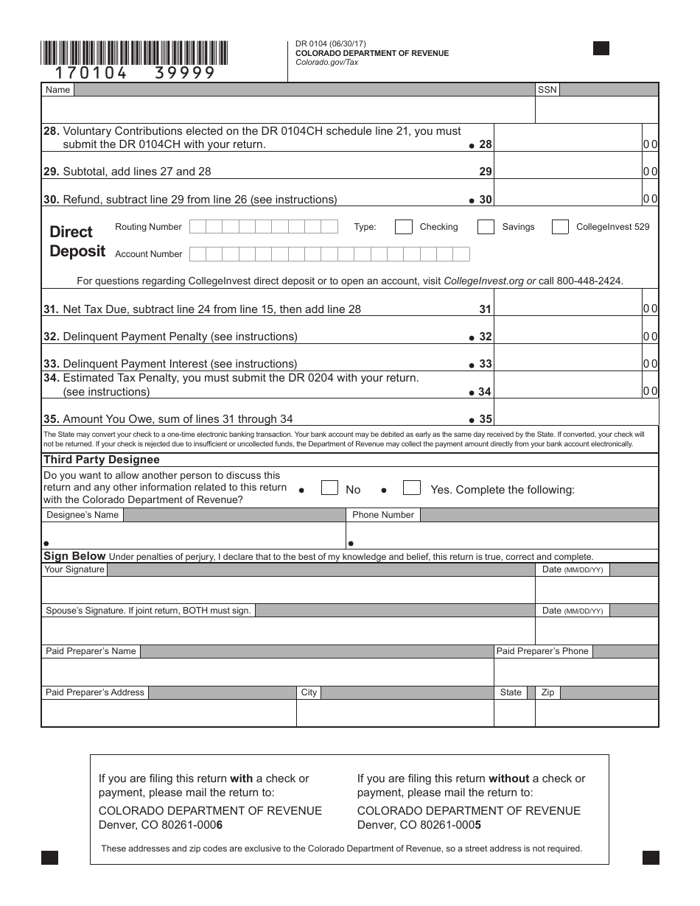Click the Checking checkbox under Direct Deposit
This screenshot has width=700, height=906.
403,227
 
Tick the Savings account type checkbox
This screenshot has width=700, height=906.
486,227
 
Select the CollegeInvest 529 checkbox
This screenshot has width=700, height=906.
560,227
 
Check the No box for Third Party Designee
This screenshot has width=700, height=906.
329,488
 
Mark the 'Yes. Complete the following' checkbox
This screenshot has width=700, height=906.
412,488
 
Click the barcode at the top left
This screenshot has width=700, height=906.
135,54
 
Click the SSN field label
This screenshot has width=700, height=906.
547,90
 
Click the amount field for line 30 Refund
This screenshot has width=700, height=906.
567,199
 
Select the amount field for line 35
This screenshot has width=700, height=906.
575,418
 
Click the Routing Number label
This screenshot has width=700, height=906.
148,227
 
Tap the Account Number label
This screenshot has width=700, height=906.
148,254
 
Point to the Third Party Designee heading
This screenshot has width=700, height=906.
102,460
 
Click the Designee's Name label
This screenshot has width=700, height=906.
83,515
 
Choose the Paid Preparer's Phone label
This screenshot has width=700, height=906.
542,651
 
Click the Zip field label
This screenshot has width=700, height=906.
547,692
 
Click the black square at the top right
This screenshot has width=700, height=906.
601,49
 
